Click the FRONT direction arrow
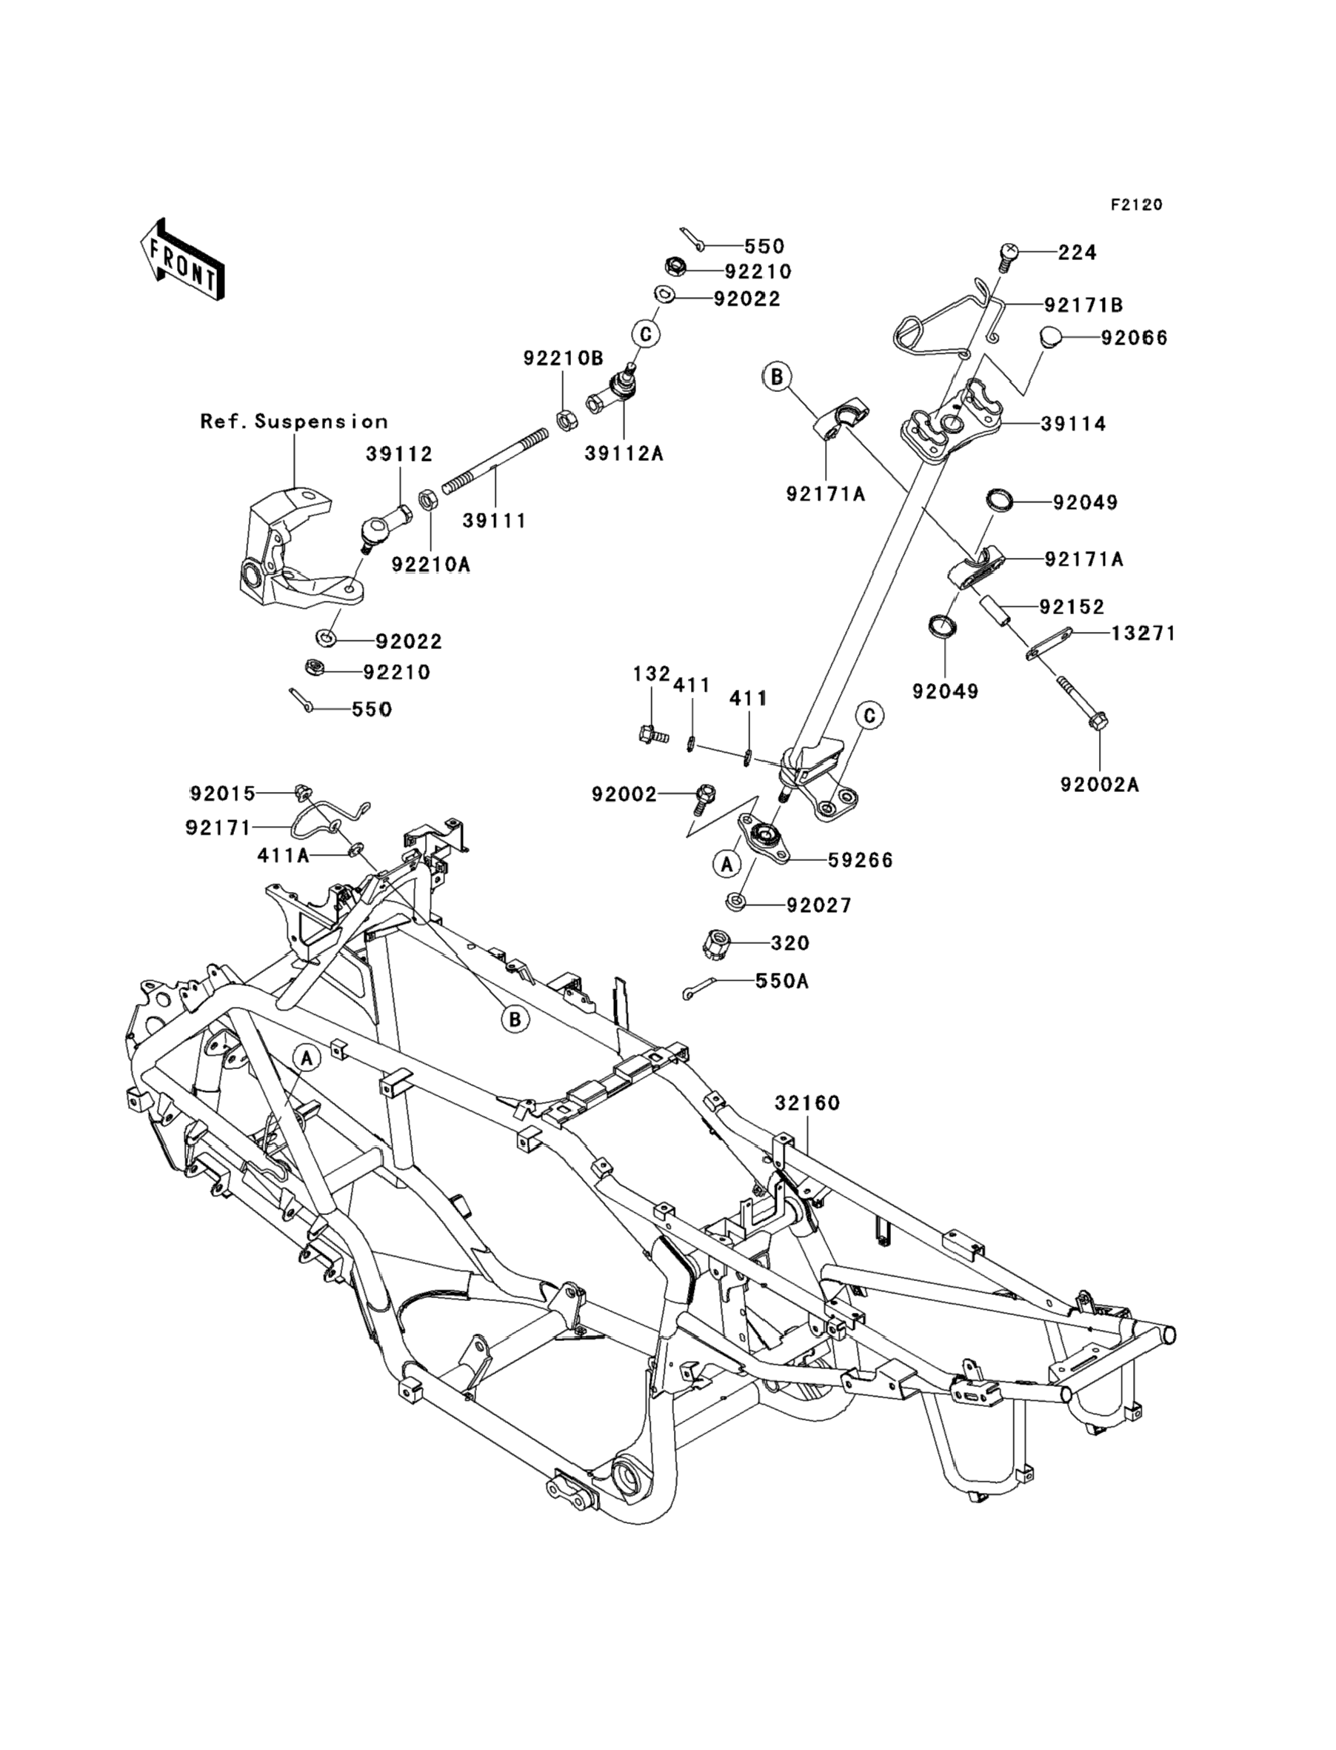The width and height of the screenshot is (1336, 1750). pos(181,260)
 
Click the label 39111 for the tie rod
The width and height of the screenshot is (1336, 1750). pos(495,520)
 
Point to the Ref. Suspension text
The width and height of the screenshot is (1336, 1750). pos(294,422)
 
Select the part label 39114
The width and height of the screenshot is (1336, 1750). pos(1074,424)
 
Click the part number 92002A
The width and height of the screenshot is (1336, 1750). pos(1100,785)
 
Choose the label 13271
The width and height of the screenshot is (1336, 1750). pos(1143,633)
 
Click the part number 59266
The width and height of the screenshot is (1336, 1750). pos(861,860)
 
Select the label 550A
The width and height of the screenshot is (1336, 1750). pos(782,981)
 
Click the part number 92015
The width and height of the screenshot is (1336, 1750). pos(223,793)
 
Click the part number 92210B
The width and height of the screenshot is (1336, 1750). pos(563,359)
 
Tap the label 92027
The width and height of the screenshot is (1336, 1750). pos(818,905)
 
